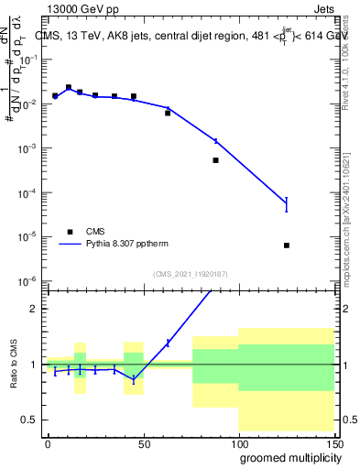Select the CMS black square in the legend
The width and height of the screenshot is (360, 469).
point(69,231)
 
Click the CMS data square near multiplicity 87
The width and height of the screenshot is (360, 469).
point(215,160)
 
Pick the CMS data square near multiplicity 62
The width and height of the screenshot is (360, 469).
point(168,113)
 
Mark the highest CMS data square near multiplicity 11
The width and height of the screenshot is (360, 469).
point(69,88)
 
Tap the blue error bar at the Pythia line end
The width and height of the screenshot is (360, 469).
point(287,204)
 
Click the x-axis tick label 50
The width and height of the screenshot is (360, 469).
point(143,442)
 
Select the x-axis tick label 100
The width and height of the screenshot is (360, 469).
point(238,442)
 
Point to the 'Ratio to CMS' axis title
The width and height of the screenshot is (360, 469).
point(12,363)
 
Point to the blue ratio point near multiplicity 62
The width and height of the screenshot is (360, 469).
point(168,343)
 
